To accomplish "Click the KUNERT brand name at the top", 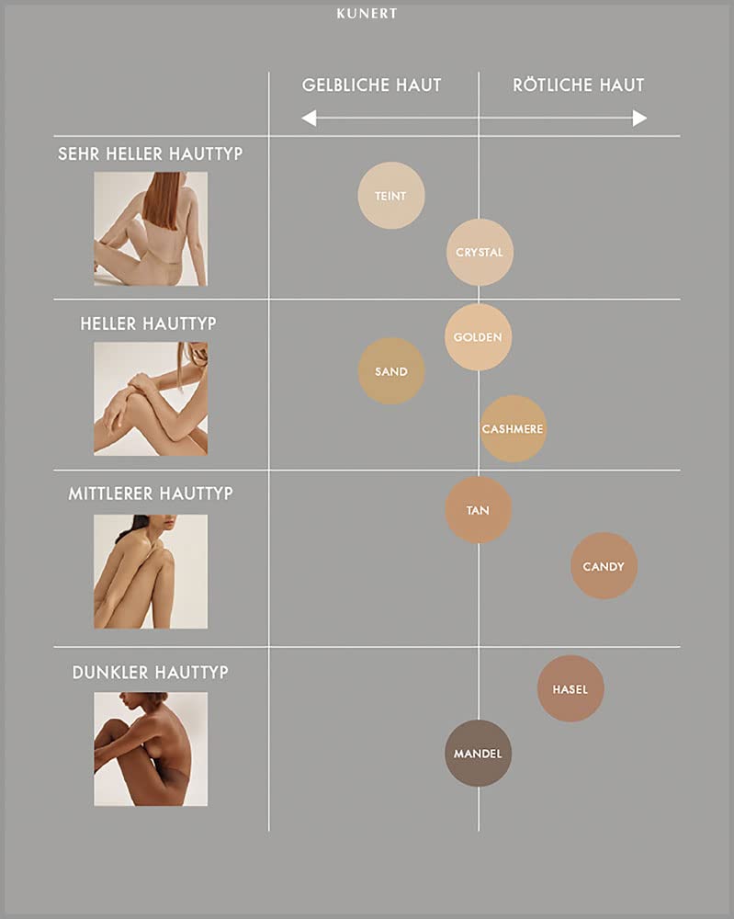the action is click(367, 14).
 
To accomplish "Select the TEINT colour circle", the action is click(391, 195).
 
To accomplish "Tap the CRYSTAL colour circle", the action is click(480, 252).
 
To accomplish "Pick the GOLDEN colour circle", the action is click(478, 337).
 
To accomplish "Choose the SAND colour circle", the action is click(391, 371).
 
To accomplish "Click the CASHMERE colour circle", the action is click(513, 428).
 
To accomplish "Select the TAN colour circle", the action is click(478, 510).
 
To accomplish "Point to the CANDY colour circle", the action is click(604, 565).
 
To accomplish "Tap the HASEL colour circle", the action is click(570, 688).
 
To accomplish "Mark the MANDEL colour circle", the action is click(478, 754).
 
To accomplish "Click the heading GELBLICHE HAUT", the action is click(371, 85).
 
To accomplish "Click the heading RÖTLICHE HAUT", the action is click(578, 85).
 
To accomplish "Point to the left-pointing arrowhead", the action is click(309, 118).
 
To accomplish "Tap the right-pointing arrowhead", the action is click(639, 118).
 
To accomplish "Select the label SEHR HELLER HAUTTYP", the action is click(150, 153).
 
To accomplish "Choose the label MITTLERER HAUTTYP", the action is click(151, 494).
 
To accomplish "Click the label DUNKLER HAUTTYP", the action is click(151, 673).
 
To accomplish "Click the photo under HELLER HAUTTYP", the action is click(151, 399).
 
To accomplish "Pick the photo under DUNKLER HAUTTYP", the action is click(151, 749).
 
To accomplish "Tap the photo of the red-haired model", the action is click(151, 229).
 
